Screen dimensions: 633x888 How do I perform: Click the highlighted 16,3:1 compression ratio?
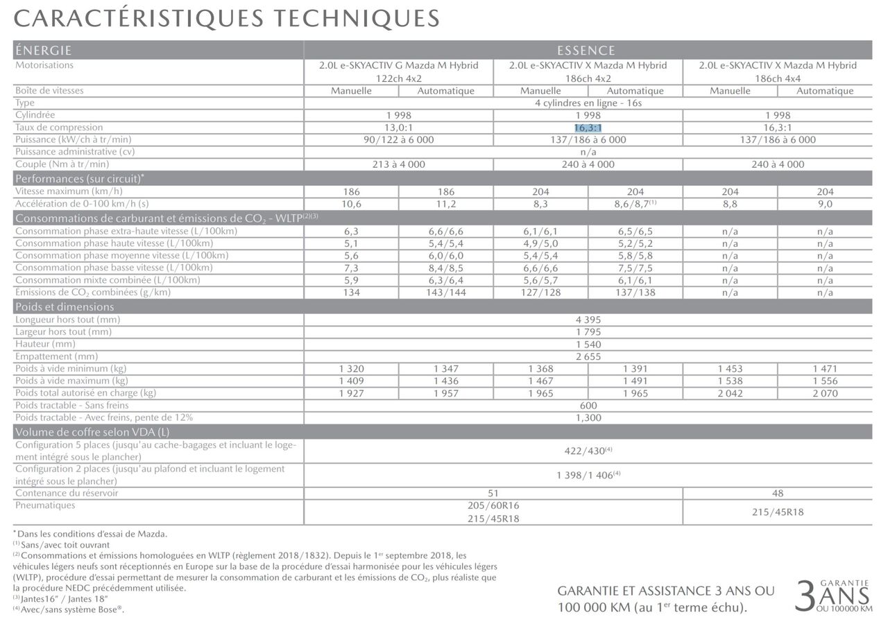[588, 128]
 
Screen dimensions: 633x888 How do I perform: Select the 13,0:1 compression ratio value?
[399, 128]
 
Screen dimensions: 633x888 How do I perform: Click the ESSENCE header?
[586, 51]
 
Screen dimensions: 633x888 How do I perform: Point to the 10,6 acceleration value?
[352, 204]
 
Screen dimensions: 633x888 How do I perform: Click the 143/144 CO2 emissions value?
[446, 293]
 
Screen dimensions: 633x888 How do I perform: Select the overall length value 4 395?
[588, 320]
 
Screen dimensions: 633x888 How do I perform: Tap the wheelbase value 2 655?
[588, 356]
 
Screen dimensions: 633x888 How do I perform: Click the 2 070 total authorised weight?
[825, 393]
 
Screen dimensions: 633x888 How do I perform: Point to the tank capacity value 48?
[778, 493]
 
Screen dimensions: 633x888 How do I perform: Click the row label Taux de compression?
[59, 128]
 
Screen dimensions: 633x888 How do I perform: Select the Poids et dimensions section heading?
[65, 306]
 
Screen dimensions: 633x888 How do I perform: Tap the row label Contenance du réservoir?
[67, 493]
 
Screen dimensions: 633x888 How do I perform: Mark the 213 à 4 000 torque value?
[399, 164]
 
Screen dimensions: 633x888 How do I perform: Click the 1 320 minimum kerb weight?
[352, 369]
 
